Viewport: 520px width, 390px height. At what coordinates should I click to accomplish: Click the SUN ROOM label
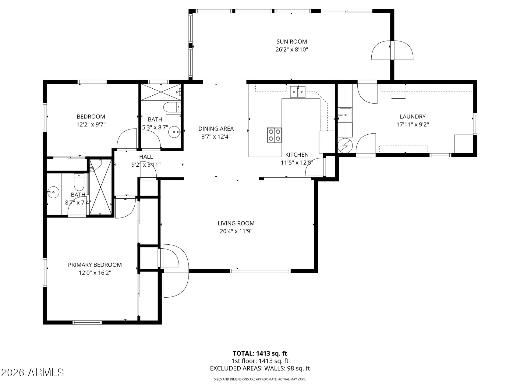click(x=292, y=41)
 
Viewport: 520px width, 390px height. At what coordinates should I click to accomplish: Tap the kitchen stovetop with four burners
click(x=274, y=135)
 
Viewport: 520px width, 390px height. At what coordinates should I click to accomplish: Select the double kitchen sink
click(x=298, y=92)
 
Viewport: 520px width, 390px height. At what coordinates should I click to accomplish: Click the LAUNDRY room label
click(x=412, y=116)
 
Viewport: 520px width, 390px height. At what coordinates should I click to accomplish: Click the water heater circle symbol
click(x=345, y=145)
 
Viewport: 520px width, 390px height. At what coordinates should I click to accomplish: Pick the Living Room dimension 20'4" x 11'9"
click(x=236, y=231)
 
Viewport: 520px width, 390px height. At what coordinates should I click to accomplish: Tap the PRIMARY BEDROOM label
click(x=95, y=265)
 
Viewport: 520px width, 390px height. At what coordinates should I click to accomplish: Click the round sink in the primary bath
click(x=53, y=192)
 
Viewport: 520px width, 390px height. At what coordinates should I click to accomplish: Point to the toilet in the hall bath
click(x=172, y=107)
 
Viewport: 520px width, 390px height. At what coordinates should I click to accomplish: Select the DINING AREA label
click(x=216, y=129)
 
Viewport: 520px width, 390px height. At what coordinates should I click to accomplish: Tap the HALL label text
click(x=146, y=157)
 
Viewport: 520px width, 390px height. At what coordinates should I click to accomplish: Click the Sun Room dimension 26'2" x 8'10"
click(x=292, y=49)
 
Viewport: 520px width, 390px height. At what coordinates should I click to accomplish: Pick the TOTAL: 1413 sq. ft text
click(x=260, y=353)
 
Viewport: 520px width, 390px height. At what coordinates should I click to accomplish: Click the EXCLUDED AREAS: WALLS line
click(x=260, y=368)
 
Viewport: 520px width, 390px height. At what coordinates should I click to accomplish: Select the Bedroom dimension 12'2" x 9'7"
click(x=91, y=124)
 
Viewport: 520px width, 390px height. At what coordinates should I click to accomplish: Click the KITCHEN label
click(x=297, y=155)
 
